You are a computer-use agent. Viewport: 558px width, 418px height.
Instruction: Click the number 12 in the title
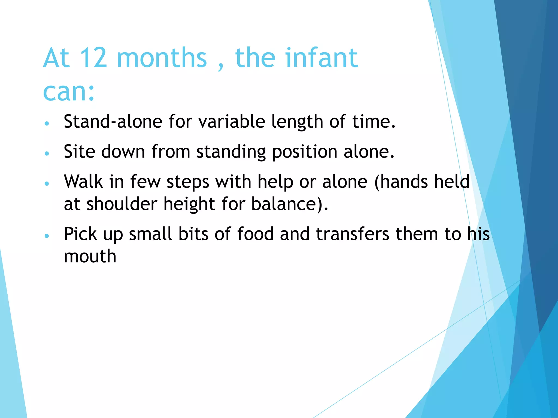pos(93,58)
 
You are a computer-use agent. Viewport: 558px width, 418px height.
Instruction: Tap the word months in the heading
pos(162,58)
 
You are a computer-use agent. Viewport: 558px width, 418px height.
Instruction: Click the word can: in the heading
pos(69,91)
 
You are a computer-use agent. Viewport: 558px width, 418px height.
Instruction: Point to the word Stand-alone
pos(113,121)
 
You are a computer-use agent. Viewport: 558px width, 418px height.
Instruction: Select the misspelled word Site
pos(79,151)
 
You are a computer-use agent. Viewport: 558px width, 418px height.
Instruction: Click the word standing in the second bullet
pos(231,152)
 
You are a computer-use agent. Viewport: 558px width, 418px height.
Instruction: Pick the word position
pos(305,152)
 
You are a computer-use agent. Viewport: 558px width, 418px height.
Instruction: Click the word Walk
pos(83,182)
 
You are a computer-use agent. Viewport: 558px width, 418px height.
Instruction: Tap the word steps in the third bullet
pos(188,182)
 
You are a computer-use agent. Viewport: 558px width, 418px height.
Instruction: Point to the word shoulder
pos(122,204)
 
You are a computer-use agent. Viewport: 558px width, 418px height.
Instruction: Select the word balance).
pos(290,204)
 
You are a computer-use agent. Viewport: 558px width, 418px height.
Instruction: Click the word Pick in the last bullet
pos(80,234)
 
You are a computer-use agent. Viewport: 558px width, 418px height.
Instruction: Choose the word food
pos(255,234)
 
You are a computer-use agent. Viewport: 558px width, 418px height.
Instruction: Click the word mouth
pos(90,256)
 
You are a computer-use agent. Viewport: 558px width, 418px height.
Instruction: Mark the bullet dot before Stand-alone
pos(47,123)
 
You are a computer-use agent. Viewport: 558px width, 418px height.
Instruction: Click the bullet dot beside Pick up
pos(47,236)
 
